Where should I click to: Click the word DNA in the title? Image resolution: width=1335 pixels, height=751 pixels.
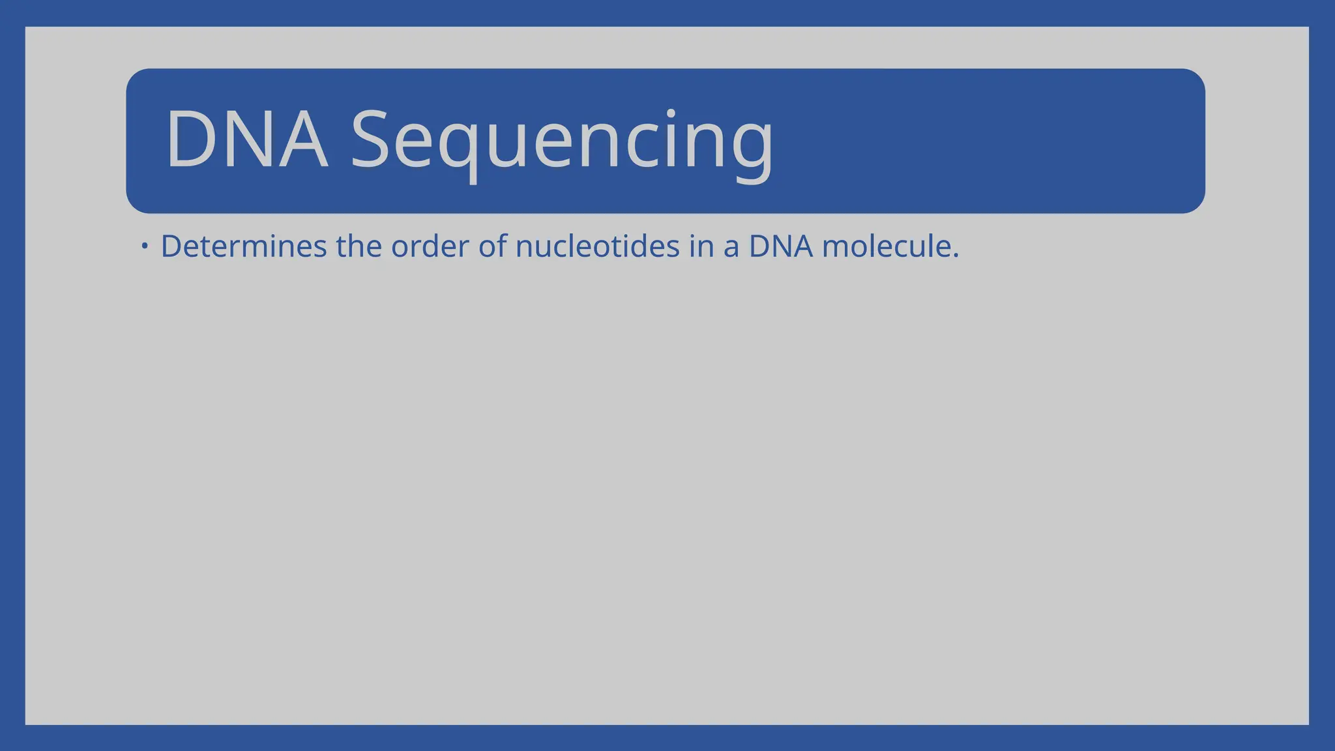pos(246,140)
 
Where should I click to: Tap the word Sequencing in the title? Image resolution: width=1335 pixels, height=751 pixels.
pos(562,141)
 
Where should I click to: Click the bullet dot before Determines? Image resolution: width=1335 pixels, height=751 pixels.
pos(145,246)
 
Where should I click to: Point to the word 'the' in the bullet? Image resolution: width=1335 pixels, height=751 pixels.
pos(359,246)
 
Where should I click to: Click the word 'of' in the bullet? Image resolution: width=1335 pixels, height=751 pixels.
pos(492,246)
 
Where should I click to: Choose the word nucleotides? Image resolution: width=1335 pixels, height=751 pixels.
pos(597,246)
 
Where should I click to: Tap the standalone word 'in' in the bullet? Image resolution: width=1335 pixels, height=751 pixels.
pos(701,246)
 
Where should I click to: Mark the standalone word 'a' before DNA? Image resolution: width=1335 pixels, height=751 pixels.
pos(731,248)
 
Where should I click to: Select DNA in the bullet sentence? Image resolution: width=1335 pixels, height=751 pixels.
pos(780,246)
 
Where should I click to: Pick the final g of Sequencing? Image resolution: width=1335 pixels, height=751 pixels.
pos(752,147)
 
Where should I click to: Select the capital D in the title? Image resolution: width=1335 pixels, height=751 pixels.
pos(190,140)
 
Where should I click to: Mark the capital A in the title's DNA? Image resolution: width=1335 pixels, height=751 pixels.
pos(304,140)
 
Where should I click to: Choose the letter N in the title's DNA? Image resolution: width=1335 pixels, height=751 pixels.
pos(247,140)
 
